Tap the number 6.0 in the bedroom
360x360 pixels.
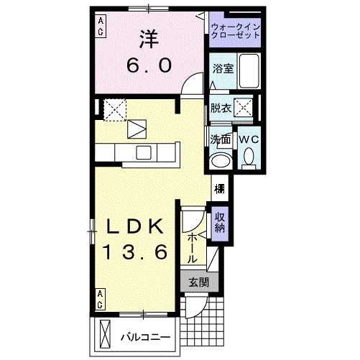(150, 65)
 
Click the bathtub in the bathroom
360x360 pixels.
(249, 70)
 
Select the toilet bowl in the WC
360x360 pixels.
(249, 157)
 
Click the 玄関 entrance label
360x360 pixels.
(198, 282)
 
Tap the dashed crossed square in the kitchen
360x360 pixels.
(113, 109)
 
